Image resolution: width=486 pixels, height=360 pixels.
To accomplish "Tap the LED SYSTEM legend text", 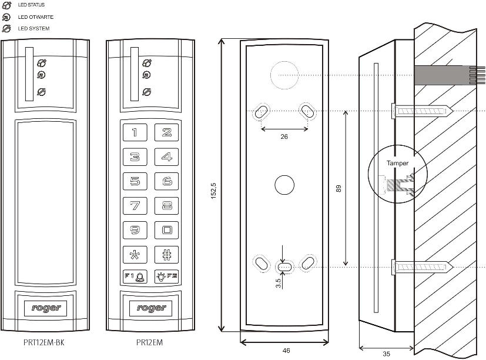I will point(33,28).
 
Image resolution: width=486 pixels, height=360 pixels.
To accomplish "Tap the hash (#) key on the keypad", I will point(166,255).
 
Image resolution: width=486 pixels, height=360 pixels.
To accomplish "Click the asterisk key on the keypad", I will point(135,255).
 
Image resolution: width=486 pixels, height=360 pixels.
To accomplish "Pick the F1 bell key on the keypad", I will point(135,276).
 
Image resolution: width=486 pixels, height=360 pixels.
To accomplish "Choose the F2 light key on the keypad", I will point(166,276).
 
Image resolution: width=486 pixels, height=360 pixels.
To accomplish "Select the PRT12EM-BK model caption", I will point(39,342).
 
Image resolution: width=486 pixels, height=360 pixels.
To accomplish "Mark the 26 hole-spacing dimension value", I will point(284,137).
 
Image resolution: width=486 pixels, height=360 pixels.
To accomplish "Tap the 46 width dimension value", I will point(286,351).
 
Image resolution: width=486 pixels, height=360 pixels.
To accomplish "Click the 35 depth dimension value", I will point(386,354).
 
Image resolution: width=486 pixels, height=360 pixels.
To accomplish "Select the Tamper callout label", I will point(397,163).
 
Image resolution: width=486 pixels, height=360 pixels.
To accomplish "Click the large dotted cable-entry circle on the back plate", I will point(284,75).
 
